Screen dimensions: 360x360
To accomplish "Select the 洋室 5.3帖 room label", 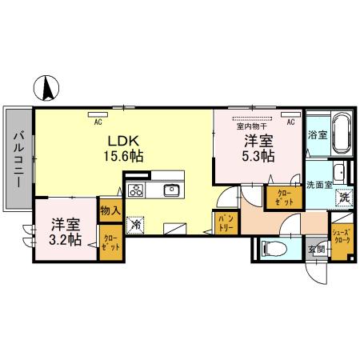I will click(x=258, y=148).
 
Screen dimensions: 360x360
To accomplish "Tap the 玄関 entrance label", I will click(x=317, y=250).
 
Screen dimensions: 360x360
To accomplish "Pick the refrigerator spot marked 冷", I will click(x=136, y=225).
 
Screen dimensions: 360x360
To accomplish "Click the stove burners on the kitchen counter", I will click(x=135, y=190).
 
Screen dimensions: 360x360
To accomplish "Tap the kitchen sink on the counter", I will click(x=171, y=190).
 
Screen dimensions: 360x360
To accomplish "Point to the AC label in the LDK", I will click(x=98, y=122).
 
